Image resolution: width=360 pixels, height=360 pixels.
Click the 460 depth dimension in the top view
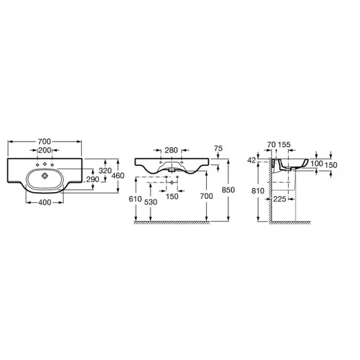pos(118,176)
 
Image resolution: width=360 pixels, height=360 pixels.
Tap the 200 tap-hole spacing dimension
pos(44,150)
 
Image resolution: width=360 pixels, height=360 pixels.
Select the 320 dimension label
pos(105,171)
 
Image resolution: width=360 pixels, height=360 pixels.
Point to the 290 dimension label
pos(93,179)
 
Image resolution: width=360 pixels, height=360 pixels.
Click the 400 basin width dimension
pos(44,203)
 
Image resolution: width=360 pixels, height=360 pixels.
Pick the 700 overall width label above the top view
pos(44,142)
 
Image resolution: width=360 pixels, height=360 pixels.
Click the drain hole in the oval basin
pos(44,176)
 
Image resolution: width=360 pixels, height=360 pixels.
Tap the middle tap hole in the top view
pos(44,164)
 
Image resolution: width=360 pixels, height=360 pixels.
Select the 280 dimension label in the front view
pos(171,150)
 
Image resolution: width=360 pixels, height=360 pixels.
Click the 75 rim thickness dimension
pos(218,148)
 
